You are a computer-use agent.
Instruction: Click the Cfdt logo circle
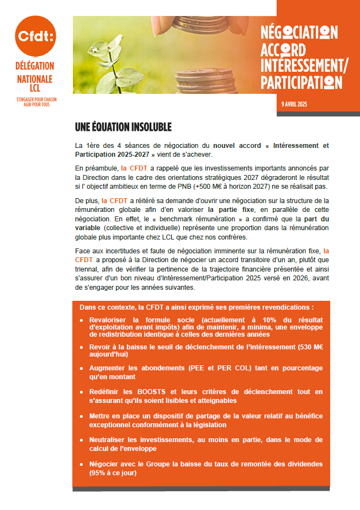click(x=35, y=36)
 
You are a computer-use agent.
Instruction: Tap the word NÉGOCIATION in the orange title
click(x=299, y=33)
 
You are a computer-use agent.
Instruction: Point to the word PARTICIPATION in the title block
click(x=301, y=83)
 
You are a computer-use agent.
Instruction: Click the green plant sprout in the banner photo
click(x=119, y=55)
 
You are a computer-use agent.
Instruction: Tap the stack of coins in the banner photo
click(x=205, y=77)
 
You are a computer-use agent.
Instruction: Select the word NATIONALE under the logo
click(x=35, y=78)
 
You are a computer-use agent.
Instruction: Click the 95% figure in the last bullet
click(x=97, y=473)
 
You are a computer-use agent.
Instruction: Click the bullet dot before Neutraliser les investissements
click(x=82, y=440)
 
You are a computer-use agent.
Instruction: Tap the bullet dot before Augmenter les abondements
click(x=82, y=368)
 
